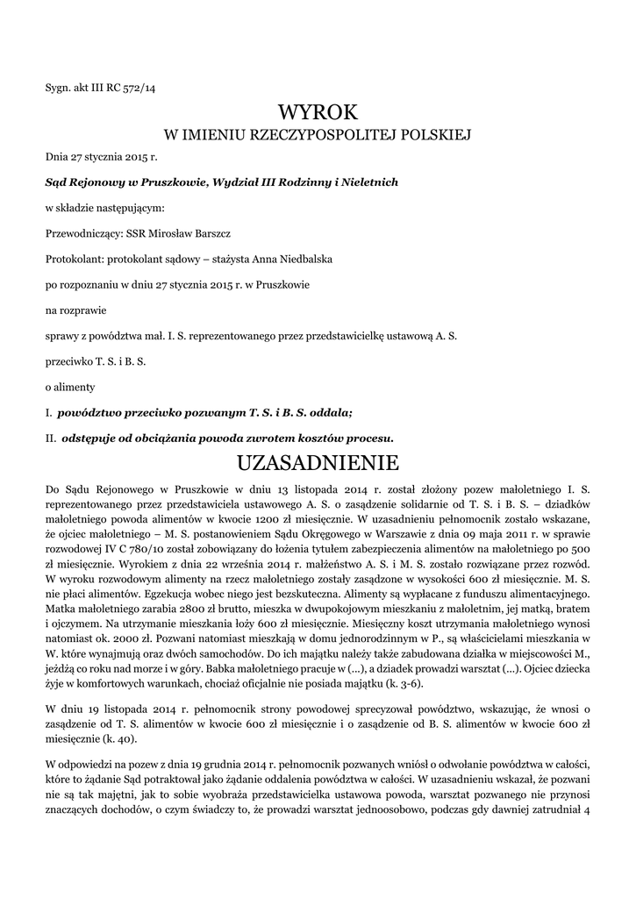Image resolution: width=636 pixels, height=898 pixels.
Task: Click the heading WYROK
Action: [x=318, y=112]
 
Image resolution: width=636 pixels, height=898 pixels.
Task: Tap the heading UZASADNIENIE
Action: [x=318, y=461]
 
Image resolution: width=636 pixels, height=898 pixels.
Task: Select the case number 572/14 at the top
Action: [x=139, y=87]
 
